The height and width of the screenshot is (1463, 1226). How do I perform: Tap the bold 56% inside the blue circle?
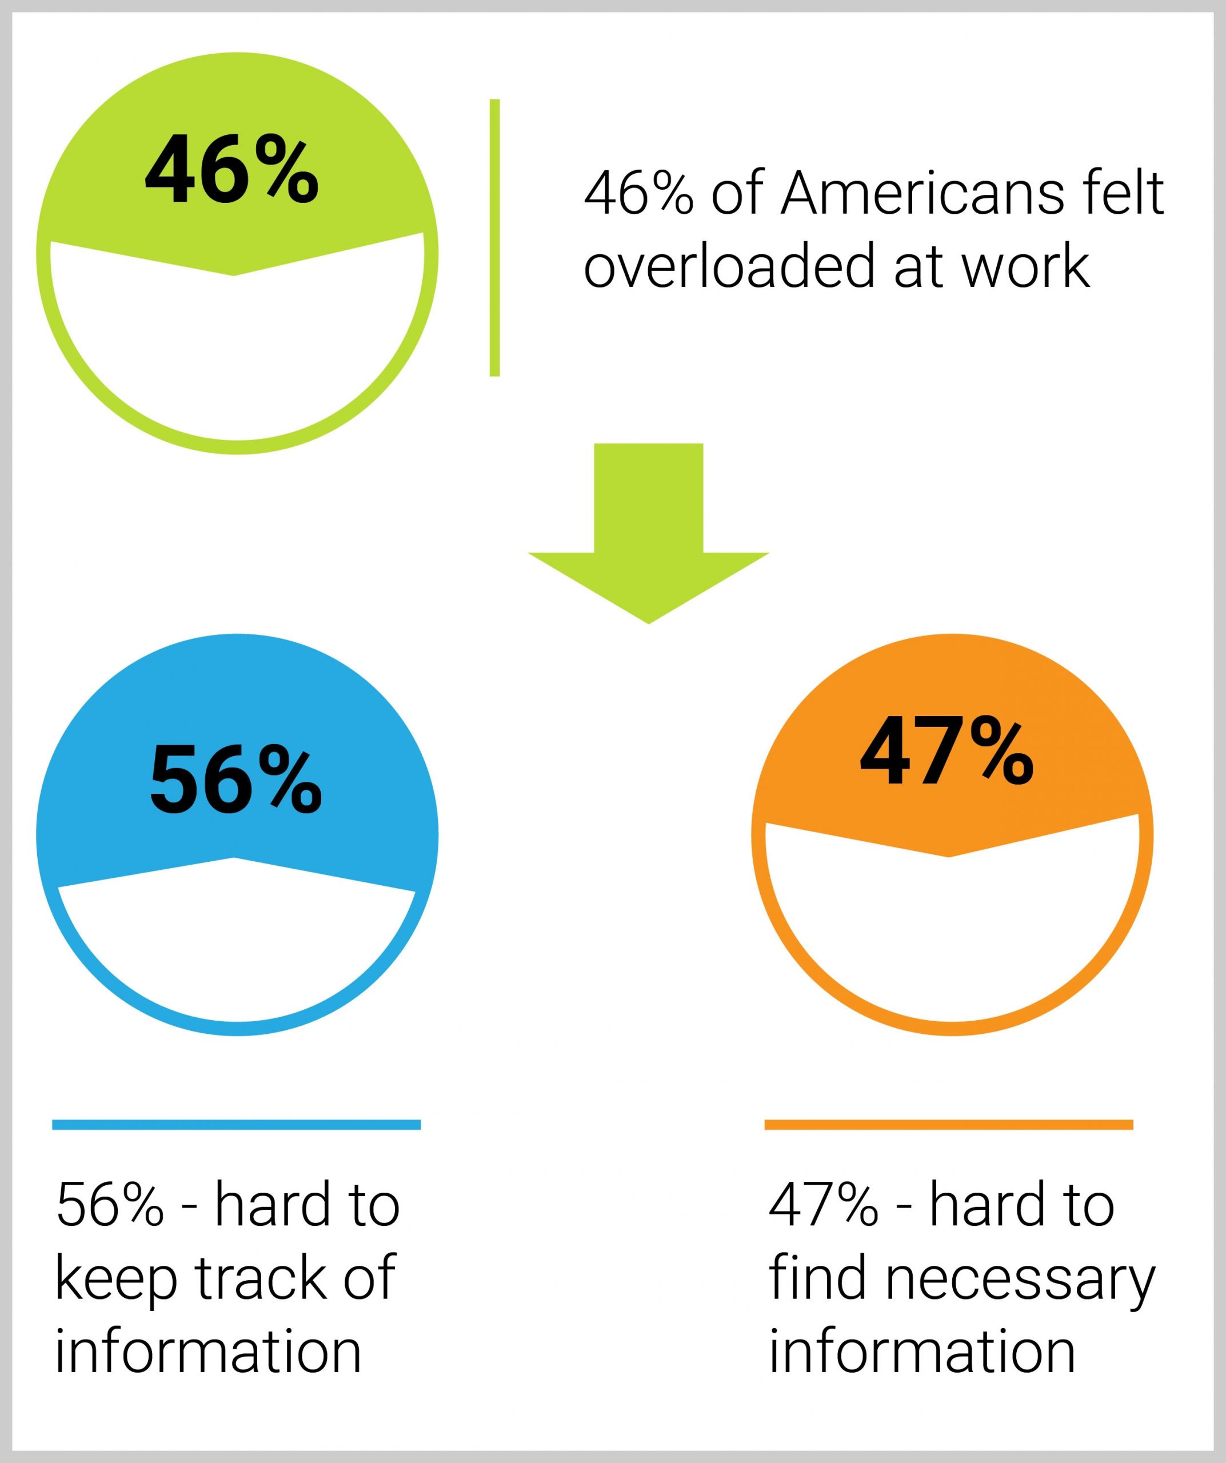pos(235,779)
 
